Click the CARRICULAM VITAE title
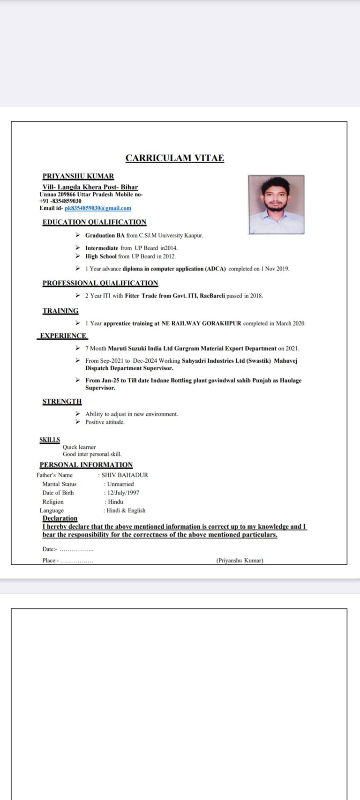tap(174, 158)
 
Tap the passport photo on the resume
tap(276, 204)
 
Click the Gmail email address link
tap(98, 208)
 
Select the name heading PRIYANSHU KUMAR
tap(78, 176)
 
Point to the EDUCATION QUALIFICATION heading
tap(94, 222)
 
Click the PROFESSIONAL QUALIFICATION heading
tap(100, 283)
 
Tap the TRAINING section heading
tap(60, 311)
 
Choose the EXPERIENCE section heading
tap(63, 336)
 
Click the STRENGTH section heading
tap(62, 402)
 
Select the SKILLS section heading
tap(50, 440)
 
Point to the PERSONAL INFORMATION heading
tap(86, 465)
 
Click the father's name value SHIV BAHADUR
tap(125, 475)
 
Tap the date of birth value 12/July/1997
tap(123, 493)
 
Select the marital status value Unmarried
tap(120, 484)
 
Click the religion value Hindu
tap(115, 502)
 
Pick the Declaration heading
tap(60, 518)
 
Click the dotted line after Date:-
tap(76, 550)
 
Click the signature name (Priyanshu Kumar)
tap(240, 561)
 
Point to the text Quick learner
tap(79, 447)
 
